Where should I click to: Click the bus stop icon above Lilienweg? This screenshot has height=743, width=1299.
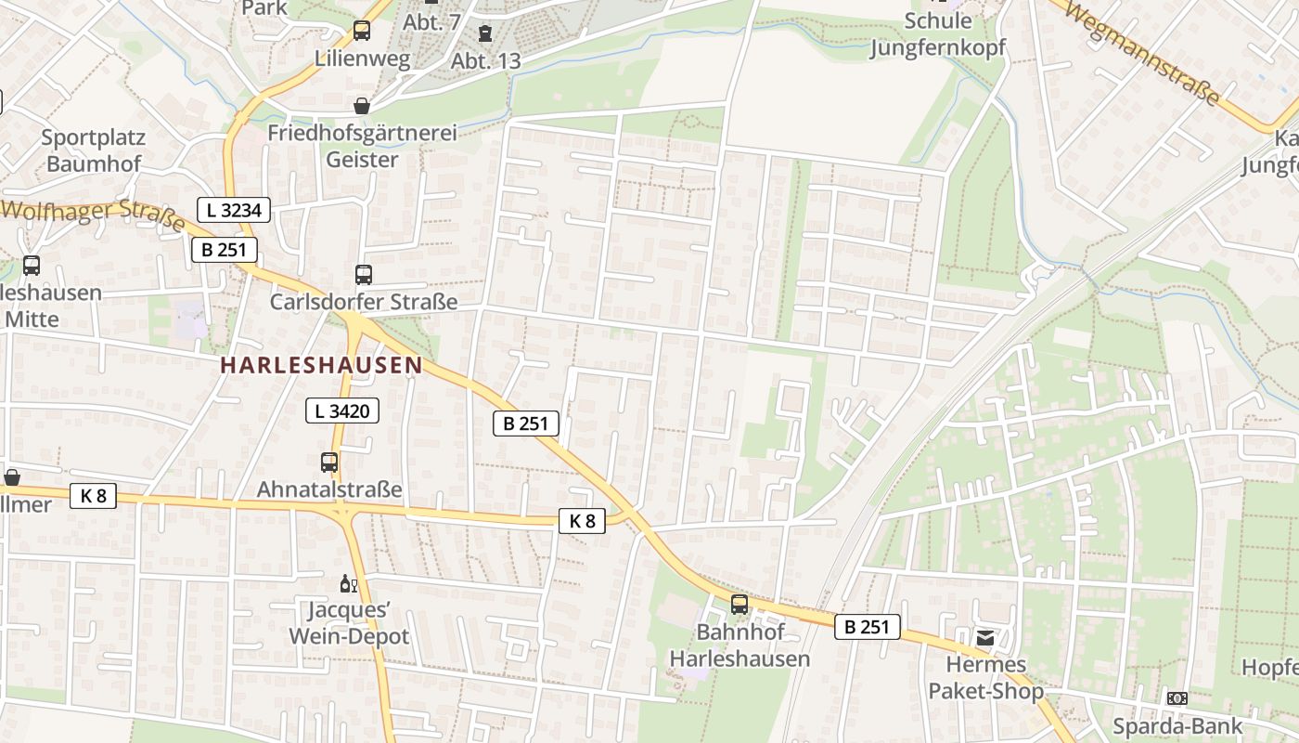(362, 31)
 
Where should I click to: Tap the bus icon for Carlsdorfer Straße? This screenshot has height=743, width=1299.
(363, 275)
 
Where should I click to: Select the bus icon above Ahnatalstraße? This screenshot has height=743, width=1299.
(329, 462)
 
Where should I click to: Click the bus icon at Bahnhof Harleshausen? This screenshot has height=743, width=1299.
(740, 605)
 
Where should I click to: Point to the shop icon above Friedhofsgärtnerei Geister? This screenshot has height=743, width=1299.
(362, 106)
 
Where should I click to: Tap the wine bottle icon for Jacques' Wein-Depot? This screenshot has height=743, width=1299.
(349, 584)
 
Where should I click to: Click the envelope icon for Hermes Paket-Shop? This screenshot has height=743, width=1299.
(984, 638)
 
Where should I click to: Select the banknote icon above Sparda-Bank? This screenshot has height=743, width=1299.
(1177, 698)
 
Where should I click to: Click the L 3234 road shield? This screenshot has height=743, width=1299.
(234, 210)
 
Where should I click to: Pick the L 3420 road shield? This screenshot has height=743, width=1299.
(342, 410)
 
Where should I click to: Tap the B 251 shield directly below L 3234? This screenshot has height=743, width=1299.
(224, 250)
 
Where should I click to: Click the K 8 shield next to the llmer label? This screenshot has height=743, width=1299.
(93, 496)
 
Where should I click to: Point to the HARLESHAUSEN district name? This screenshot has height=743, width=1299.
(321, 365)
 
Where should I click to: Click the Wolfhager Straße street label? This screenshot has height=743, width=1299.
(93, 214)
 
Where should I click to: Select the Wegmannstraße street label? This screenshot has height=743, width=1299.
(1140, 53)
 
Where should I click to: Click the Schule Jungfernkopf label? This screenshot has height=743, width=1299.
(937, 34)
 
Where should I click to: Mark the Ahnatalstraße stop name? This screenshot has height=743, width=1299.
(329, 489)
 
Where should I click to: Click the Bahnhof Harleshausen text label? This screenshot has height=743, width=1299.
(740, 645)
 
